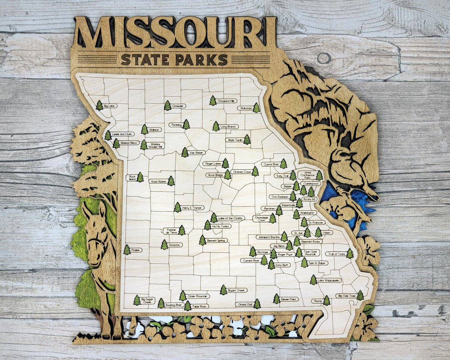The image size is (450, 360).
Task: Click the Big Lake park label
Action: coord(110,106)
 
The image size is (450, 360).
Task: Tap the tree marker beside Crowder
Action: coord(167,105)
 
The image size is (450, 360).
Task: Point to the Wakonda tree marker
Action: coord(256,108)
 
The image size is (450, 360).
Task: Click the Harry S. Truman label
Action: coord(192,207)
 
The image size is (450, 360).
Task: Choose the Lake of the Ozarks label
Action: coord(231,218)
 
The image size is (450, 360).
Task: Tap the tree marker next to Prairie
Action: coord(127,250)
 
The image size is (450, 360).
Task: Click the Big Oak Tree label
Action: coord(346,296)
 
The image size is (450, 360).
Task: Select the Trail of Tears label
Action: coord(336,254)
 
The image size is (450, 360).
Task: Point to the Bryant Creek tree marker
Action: coord(224,290)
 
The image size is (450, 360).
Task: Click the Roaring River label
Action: coord(174,305)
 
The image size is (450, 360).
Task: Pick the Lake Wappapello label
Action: coord(329,280)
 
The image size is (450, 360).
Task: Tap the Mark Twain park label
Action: coord(234,140)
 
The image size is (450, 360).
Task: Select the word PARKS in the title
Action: coord(201,60)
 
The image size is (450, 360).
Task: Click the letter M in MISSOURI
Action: coord(93,33)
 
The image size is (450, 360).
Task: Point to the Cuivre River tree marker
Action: coord(283,164)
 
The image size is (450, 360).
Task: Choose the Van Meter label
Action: coord(196,152)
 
